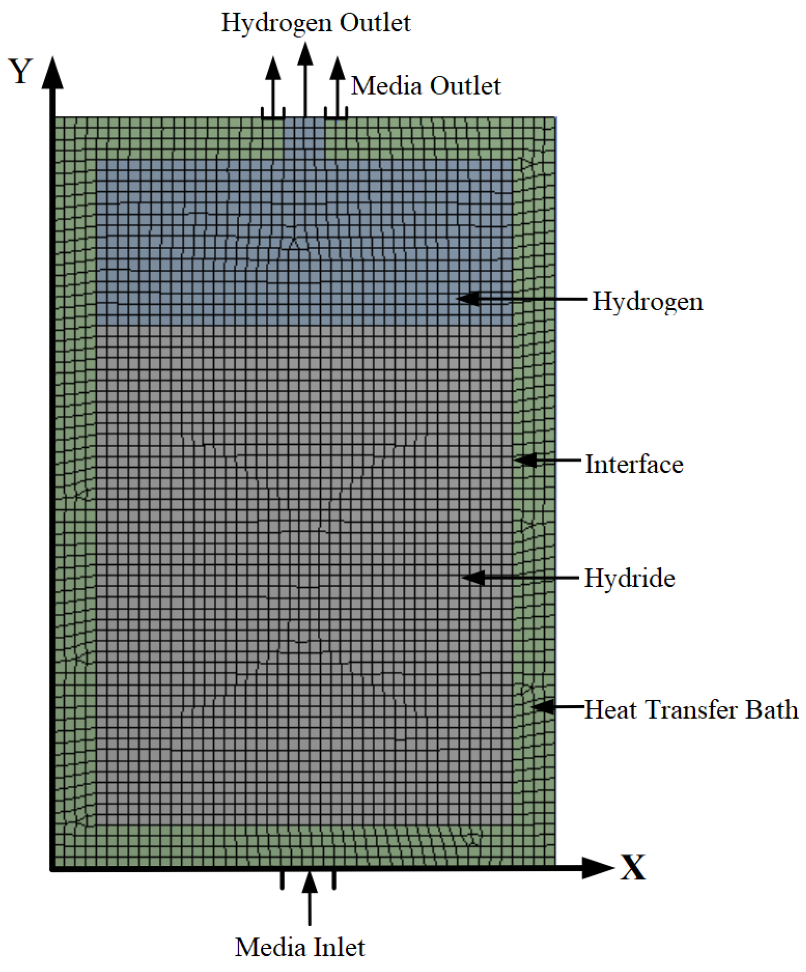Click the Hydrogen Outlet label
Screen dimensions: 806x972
(x=316, y=23)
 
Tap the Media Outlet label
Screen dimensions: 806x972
(x=425, y=85)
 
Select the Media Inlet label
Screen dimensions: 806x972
(x=300, y=947)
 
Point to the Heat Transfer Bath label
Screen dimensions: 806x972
(x=691, y=709)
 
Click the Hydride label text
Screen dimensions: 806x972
(x=629, y=578)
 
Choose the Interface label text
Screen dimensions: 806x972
(x=634, y=464)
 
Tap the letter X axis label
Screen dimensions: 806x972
(x=633, y=868)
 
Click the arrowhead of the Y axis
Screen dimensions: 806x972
(x=52, y=73)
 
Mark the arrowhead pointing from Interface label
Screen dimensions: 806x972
(x=525, y=460)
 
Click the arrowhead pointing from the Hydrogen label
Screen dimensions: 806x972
(x=468, y=299)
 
